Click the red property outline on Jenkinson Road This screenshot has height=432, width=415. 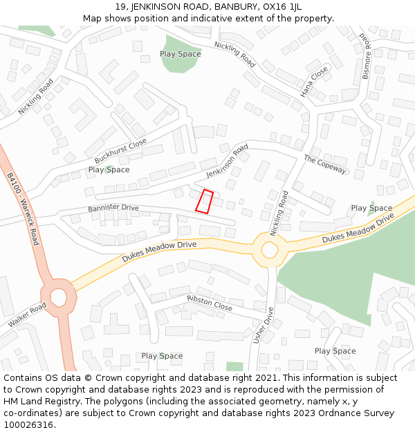click(204, 201)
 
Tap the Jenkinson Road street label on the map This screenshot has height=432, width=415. click(227, 161)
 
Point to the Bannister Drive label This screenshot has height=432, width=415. click(113, 208)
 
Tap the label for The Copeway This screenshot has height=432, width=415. click(324, 164)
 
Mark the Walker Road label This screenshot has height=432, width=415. click(28, 314)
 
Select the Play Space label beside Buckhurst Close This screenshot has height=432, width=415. click(109, 169)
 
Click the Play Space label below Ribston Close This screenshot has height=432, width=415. click(162, 356)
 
